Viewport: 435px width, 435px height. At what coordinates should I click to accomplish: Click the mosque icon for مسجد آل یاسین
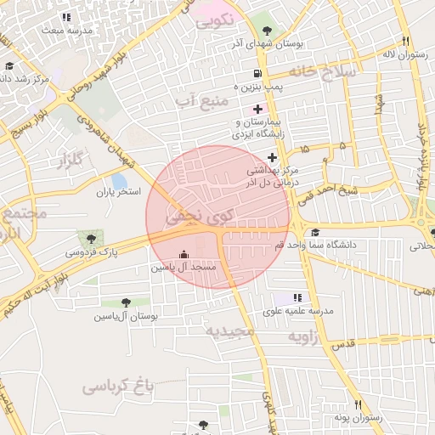(184, 254)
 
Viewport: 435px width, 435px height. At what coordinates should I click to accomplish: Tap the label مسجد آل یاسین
(184, 268)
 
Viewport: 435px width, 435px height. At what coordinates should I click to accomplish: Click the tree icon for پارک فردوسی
(88, 240)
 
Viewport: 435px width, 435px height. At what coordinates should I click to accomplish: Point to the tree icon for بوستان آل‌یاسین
(127, 302)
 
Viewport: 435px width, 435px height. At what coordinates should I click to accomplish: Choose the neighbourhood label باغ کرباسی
(118, 387)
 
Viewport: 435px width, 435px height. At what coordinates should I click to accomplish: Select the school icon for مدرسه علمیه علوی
(297, 297)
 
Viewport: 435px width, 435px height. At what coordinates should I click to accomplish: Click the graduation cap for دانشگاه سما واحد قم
(315, 233)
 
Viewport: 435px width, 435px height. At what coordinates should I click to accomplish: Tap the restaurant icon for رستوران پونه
(358, 404)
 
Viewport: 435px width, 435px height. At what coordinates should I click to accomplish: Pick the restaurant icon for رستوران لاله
(406, 41)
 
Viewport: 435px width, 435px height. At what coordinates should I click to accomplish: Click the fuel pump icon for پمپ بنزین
(257, 73)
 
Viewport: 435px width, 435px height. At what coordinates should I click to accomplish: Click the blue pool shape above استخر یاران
(119, 181)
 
